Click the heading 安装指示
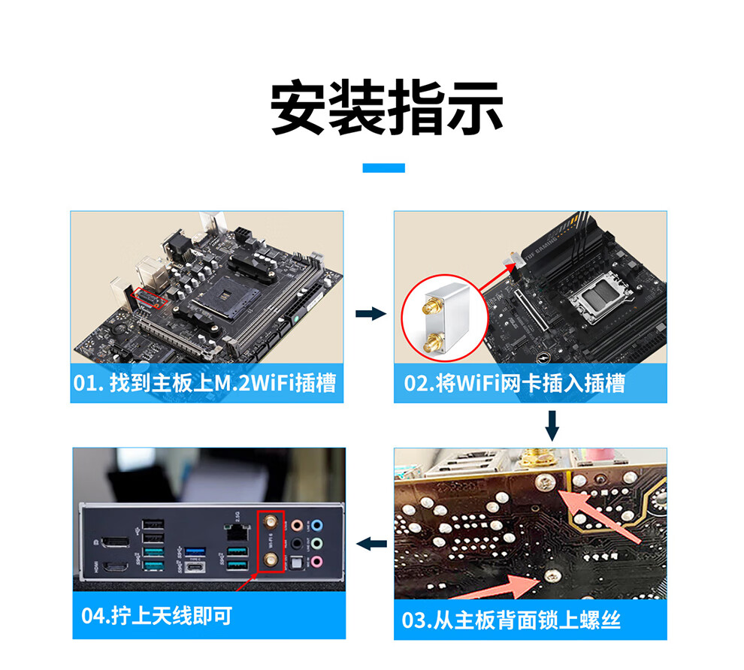click(x=386, y=108)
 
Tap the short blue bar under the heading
click(x=383, y=167)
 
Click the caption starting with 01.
click(x=204, y=382)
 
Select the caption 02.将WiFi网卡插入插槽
click(x=514, y=383)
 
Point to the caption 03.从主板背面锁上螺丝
click(x=511, y=620)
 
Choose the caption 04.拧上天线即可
click(x=156, y=615)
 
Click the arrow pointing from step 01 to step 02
click(x=370, y=313)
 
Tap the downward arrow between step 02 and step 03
click(x=552, y=426)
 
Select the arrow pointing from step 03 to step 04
click(x=371, y=544)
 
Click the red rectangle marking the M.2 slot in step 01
click(x=150, y=298)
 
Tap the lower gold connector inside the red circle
click(x=433, y=343)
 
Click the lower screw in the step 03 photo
click(x=552, y=575)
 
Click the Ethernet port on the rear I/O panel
click(x=237, y=533)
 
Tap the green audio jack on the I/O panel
click(x=317, y=543)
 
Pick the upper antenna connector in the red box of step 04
click(x=271, y=523)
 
